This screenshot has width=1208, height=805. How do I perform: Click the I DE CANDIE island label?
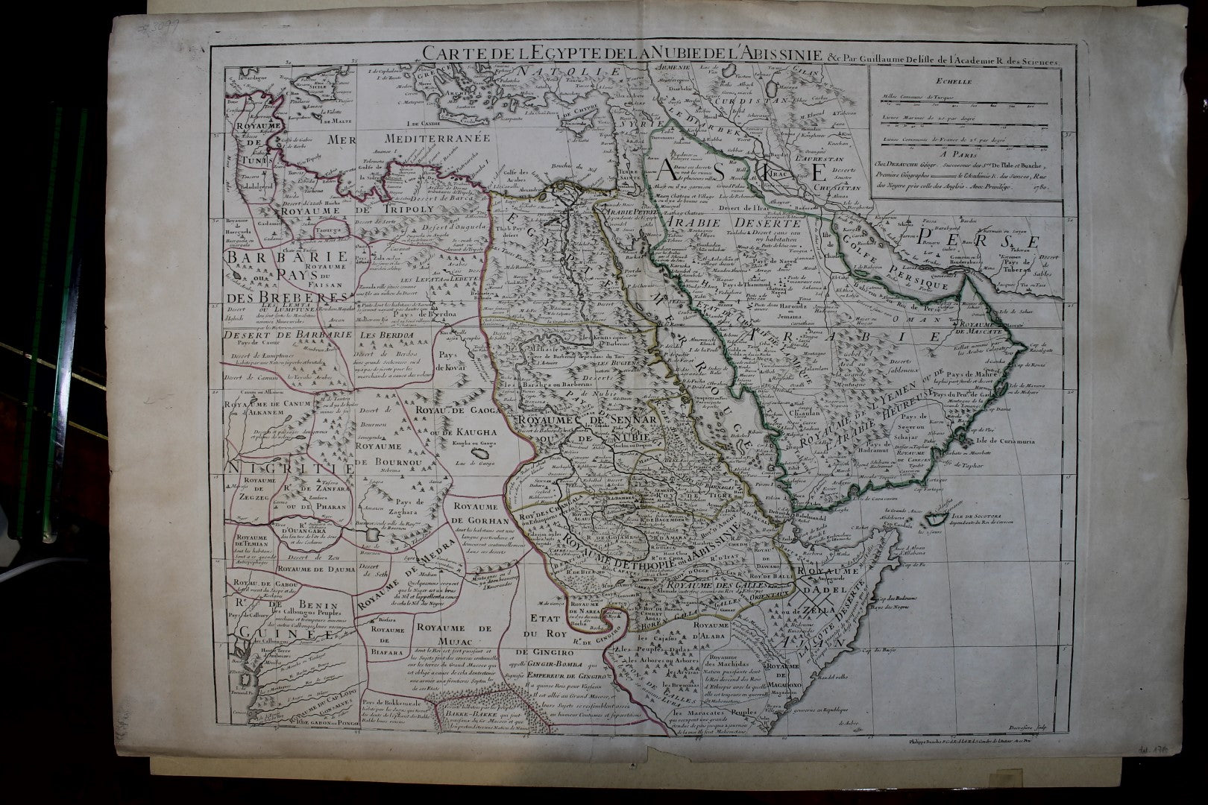[423, 124]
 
